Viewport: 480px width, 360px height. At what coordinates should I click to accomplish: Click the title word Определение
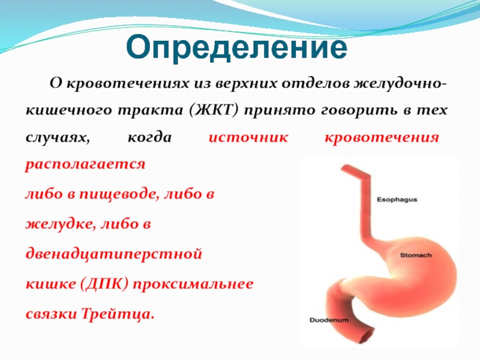coord(236,48)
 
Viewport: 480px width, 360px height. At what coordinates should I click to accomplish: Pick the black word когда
coord(149,137)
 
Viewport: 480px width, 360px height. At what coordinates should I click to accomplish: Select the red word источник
coord(248,137)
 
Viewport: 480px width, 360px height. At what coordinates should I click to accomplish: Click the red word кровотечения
coord(382,137)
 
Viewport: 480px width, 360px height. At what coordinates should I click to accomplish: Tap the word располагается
coord(85,164)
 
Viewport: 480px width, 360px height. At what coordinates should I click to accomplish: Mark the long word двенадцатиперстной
coord(113,254)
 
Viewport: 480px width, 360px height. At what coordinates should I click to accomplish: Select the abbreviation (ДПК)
coord(104,284)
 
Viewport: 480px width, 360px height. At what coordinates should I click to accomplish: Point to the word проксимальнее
coord(193,284)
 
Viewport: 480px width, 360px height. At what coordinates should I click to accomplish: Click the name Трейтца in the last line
coord(118,314)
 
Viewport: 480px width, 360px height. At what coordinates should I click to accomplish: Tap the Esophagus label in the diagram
coord(397,200)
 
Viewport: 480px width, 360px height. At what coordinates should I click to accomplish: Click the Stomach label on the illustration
coord(416,255)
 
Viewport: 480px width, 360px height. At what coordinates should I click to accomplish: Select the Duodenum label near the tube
coord(329,320)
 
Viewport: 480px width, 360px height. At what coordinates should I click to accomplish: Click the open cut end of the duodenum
coord(367,334)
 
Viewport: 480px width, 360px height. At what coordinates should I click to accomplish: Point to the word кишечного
coord(69,110)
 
